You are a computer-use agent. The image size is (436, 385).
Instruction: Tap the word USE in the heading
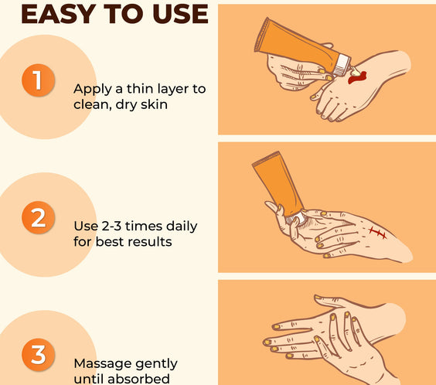[180, 14]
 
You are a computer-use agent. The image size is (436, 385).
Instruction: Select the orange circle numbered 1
[38, 80]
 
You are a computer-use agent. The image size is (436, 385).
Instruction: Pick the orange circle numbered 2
[38, 217]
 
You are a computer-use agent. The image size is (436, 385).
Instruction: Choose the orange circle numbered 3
[38, 355]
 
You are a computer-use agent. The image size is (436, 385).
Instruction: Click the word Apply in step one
[93, 90]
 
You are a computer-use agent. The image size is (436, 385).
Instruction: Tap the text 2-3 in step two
[111, 227]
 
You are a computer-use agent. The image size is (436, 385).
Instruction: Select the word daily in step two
[182, 227]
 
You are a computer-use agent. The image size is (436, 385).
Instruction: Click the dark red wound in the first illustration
[357, 77]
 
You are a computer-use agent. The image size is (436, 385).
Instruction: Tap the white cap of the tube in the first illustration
[341, 65]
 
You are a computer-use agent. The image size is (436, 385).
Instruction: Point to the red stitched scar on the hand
[378, 233]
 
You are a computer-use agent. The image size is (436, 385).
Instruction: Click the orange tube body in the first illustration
[296, 45]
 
